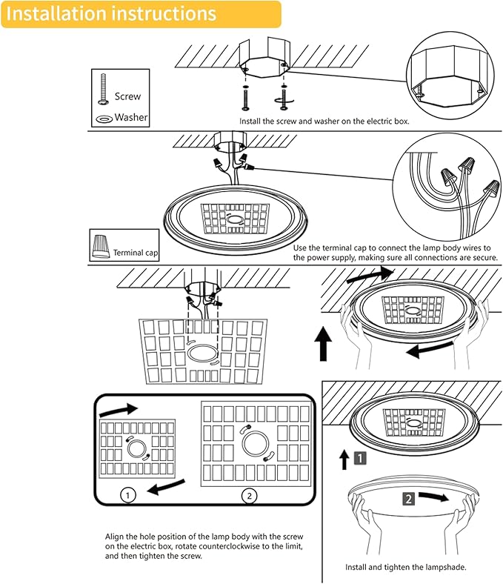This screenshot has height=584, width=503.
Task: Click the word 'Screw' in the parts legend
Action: [x=127, y=96]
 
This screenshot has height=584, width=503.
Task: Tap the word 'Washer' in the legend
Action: [x=131, y=117]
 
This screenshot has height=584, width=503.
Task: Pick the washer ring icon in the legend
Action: [x=104, y=118]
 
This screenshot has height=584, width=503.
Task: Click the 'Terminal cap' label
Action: [x=136, y=253]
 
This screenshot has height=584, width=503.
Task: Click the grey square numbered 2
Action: [x=408, y=499]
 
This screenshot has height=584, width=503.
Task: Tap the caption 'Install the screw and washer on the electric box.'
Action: [x=324, y=120]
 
